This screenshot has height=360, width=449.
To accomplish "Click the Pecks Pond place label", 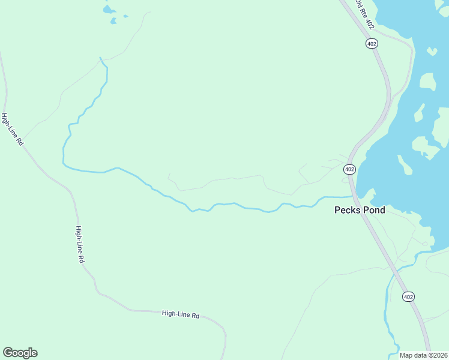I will pos(360,211).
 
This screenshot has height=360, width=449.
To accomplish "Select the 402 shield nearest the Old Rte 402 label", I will pos(372,43).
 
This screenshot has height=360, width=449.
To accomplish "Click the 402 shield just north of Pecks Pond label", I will pos(350,170).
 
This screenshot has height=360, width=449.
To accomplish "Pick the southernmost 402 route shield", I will pos(408,297).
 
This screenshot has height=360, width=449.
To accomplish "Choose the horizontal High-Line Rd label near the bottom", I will pos(180,314).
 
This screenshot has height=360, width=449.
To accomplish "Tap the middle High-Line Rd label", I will pos(79,245).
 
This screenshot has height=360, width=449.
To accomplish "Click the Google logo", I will pos(20,353).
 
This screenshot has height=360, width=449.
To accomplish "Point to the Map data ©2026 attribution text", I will pos(424,355).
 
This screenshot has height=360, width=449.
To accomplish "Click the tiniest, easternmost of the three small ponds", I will pos(125,16).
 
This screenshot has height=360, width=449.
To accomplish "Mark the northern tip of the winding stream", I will pos(100,58).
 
